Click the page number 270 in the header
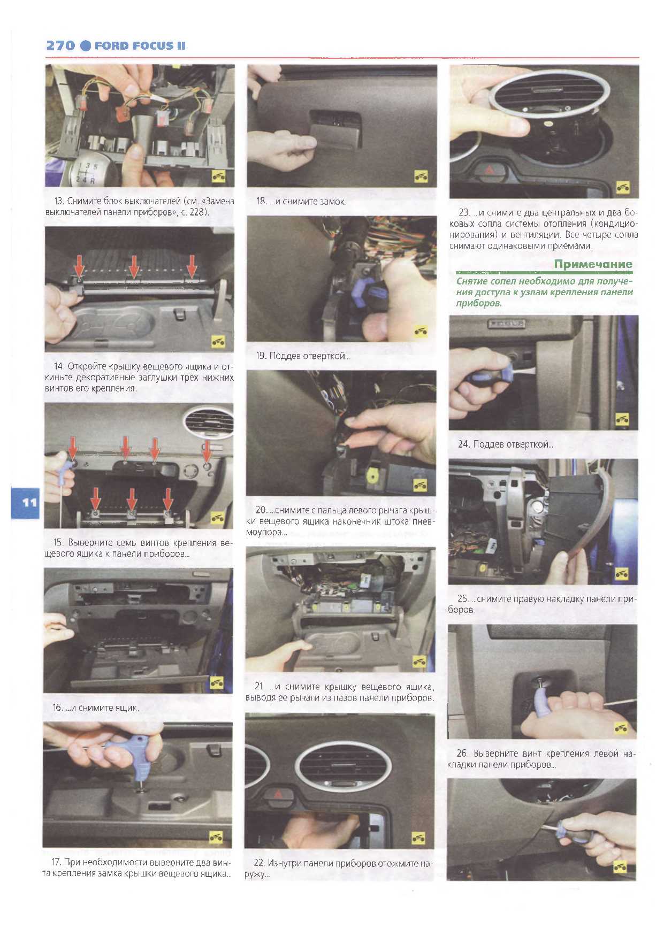point(60,45)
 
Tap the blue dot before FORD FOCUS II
point(86,45)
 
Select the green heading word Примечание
point(593,264)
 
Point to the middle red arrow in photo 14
point(133,266)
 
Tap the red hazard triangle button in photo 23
point(490,171)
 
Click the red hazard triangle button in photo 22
point(279,795)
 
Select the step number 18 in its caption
point(261,202)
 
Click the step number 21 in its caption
point(260,686)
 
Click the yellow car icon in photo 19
point(421,332)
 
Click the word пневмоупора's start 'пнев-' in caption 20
point(423,521)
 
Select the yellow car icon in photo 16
point(217,682)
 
